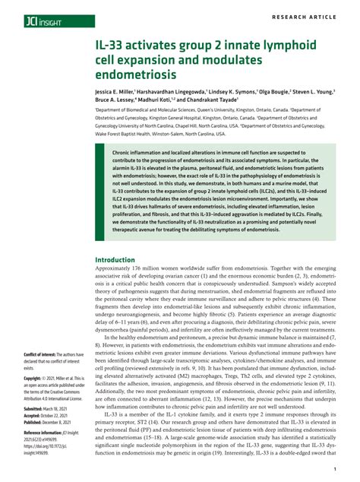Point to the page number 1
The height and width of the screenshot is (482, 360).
point(334,471)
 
